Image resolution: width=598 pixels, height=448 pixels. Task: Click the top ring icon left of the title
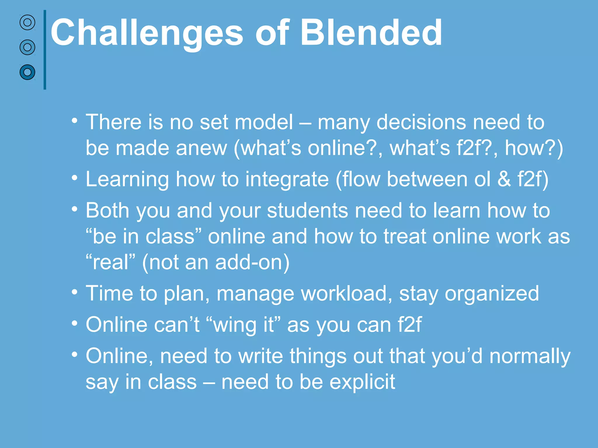[x=27, y=22]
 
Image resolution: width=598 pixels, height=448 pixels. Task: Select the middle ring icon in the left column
[x=27, y=47]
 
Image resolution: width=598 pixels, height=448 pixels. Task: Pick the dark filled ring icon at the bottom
[x=27, y=72]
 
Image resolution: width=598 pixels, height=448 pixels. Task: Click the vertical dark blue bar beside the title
[x=45, y=50]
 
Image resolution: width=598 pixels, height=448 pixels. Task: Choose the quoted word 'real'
[x=111, y=262]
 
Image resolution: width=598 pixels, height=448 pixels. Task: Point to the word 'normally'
[x=530, y=356]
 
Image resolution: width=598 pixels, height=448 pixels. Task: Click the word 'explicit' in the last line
[x=362, y=382]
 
